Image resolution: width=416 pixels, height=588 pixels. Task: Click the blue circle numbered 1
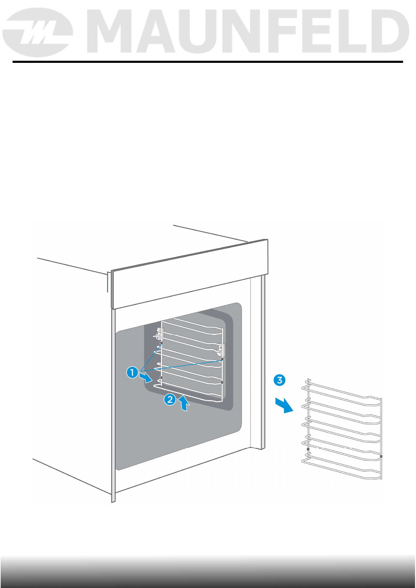[x=132, y=372]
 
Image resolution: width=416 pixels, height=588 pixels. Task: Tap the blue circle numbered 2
[x=170, y=399]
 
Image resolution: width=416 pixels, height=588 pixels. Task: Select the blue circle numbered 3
[x=280, y=380]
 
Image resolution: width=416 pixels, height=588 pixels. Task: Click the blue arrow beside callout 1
[x=145, y=377]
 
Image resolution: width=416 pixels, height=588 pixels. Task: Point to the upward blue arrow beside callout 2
[x=184, y=404]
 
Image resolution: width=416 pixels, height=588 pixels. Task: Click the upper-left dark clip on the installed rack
[x=161, y=344]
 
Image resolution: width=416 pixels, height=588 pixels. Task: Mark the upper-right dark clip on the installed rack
[x=222, y=359]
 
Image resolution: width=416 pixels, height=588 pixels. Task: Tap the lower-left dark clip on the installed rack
[x=161, y=378]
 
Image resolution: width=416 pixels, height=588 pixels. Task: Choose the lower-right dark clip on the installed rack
[x=222, y=383]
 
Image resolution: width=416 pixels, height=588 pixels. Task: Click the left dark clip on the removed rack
[x=308, y=449]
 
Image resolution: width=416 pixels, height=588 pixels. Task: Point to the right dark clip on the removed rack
[x=381, y=456]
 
